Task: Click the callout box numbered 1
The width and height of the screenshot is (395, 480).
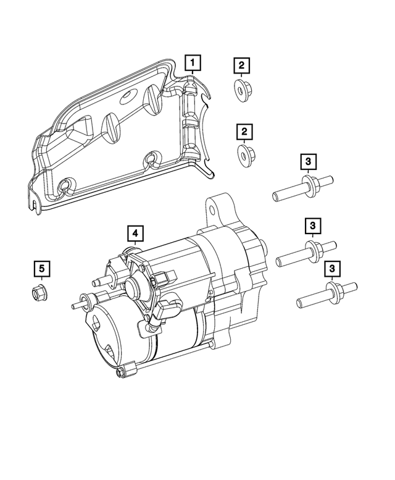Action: point(194,63)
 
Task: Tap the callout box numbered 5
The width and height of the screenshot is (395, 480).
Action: point(41,269)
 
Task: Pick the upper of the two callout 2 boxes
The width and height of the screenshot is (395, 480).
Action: point(242,65)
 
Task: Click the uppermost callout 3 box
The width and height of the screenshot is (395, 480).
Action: point(309,162)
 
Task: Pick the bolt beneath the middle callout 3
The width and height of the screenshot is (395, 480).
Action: point(306,251)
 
